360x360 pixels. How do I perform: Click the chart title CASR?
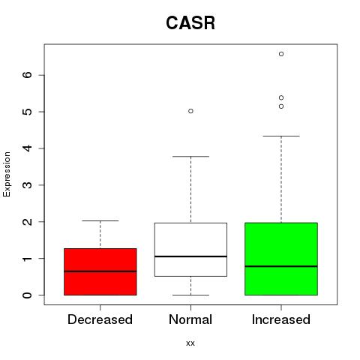(190, 23)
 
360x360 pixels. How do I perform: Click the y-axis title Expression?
(7, 174)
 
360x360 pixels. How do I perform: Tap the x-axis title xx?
(190, 343)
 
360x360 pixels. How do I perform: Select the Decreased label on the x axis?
(100, 319)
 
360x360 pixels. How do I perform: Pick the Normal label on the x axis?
(190, 319)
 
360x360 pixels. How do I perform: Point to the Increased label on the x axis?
(281, 319)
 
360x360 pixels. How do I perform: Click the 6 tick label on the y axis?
(28, 75)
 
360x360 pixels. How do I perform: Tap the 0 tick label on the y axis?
(28, 295)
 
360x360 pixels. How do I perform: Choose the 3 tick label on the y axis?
(28, 185)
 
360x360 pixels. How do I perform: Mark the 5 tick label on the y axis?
(28, 112)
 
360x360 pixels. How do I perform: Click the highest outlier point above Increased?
(281, 54)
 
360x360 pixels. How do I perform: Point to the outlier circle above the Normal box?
(190, 111)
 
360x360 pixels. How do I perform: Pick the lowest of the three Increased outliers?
(281, 106)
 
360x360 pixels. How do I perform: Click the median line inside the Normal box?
(190, 256)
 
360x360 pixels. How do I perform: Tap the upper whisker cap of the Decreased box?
(100, 220)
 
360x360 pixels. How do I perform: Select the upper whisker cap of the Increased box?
(281, 136)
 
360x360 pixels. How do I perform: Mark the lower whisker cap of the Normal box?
(190, 295)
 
